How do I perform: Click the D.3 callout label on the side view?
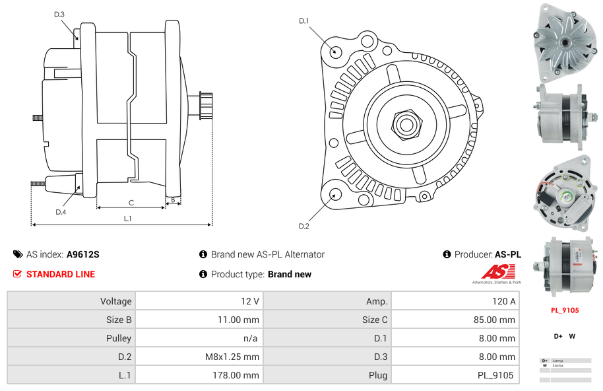click(59, 14)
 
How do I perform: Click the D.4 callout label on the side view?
click(61, 212)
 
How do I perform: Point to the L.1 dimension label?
click(128, 219)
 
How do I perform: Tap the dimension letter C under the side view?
click(131, 203)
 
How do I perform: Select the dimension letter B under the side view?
click(173, 199)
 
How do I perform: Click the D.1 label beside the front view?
click(303, 21)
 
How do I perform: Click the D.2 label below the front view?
click(303, 227)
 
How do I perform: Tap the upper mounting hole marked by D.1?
click(335, 51)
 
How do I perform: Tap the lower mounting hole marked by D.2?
click(335, 194)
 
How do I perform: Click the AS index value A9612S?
click(83, 254)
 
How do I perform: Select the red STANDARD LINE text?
click(61, 274)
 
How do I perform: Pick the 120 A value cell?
click(455, 301)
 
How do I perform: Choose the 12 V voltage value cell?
click(199, 301)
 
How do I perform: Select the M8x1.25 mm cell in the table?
click(199, 357)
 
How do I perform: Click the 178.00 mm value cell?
click(199, 375)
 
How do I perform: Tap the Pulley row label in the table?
click(71, 338)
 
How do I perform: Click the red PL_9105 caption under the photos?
click(565, 310)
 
